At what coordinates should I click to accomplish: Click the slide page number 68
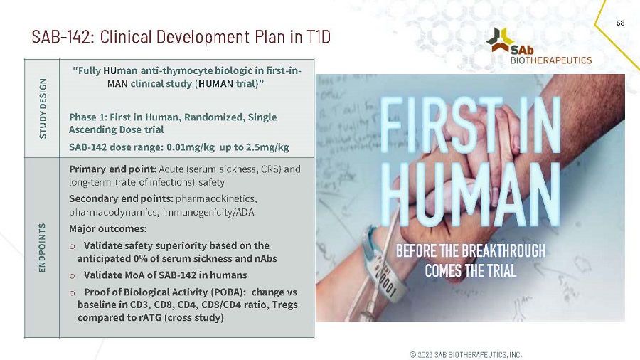620,23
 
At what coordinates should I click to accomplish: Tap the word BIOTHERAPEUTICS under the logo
550,60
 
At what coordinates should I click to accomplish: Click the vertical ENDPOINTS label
44,248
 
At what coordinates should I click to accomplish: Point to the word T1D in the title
317,36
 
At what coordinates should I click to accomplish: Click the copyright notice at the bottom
466,354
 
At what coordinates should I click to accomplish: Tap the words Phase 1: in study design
87,117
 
